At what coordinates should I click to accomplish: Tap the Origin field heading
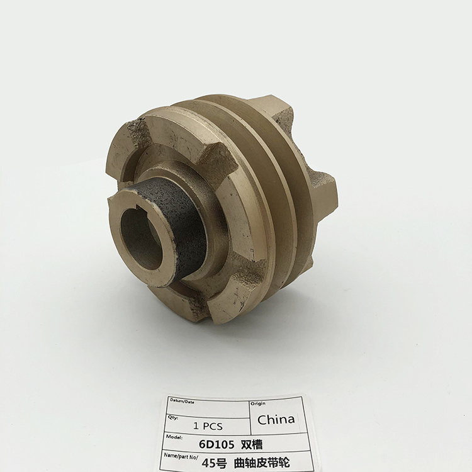pos(259,403)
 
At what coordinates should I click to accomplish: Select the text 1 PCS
pos(208,425)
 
